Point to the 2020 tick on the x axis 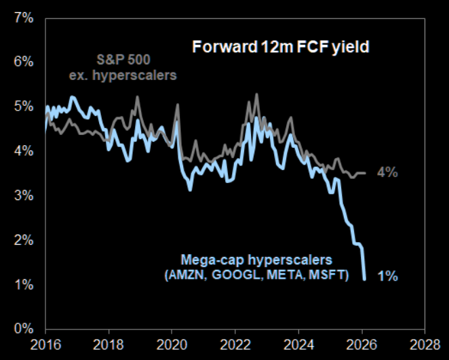click(x=172, y=344)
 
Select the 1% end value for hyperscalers click(x=387, y=276)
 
